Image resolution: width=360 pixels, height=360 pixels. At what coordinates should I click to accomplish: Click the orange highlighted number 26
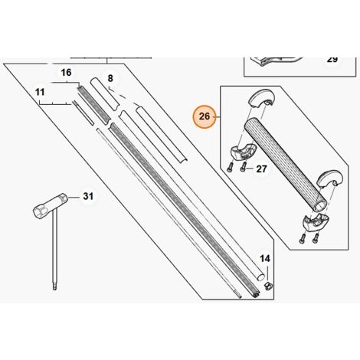point(205,116)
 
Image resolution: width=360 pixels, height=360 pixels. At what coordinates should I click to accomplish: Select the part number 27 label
point(261,169)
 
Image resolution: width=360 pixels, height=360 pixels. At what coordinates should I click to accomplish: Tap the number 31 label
point(88,196)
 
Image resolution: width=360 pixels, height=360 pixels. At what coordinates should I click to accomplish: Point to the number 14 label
point(265,259)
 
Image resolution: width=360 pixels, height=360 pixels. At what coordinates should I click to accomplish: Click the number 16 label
point(66,73)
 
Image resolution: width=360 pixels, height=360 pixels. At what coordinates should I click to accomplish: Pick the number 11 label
point(40,92)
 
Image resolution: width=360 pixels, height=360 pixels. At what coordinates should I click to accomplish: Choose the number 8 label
point(110,78)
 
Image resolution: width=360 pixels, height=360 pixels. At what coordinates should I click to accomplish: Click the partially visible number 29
point(332,60)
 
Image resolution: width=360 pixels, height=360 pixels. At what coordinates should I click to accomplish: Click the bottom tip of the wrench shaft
point(54,290)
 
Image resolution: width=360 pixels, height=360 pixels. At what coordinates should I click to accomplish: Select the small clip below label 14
point(268,286)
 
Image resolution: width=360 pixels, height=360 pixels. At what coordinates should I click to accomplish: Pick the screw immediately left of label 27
point(243,167)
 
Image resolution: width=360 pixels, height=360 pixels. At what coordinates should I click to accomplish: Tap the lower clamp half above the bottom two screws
point(315,222)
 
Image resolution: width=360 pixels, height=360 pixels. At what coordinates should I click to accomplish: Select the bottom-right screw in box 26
point(316,238)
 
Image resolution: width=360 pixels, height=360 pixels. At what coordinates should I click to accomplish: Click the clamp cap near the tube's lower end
point(329,180)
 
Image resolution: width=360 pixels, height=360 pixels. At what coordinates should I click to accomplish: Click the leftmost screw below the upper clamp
point(229,167)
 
